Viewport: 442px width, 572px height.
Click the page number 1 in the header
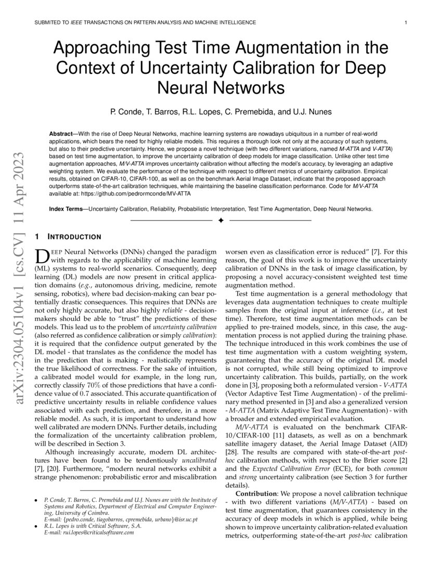405,22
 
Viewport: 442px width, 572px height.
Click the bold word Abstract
60,134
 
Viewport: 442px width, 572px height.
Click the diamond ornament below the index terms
220,221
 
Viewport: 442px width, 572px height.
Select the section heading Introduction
75,237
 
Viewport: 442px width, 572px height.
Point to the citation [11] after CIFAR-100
293,435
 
